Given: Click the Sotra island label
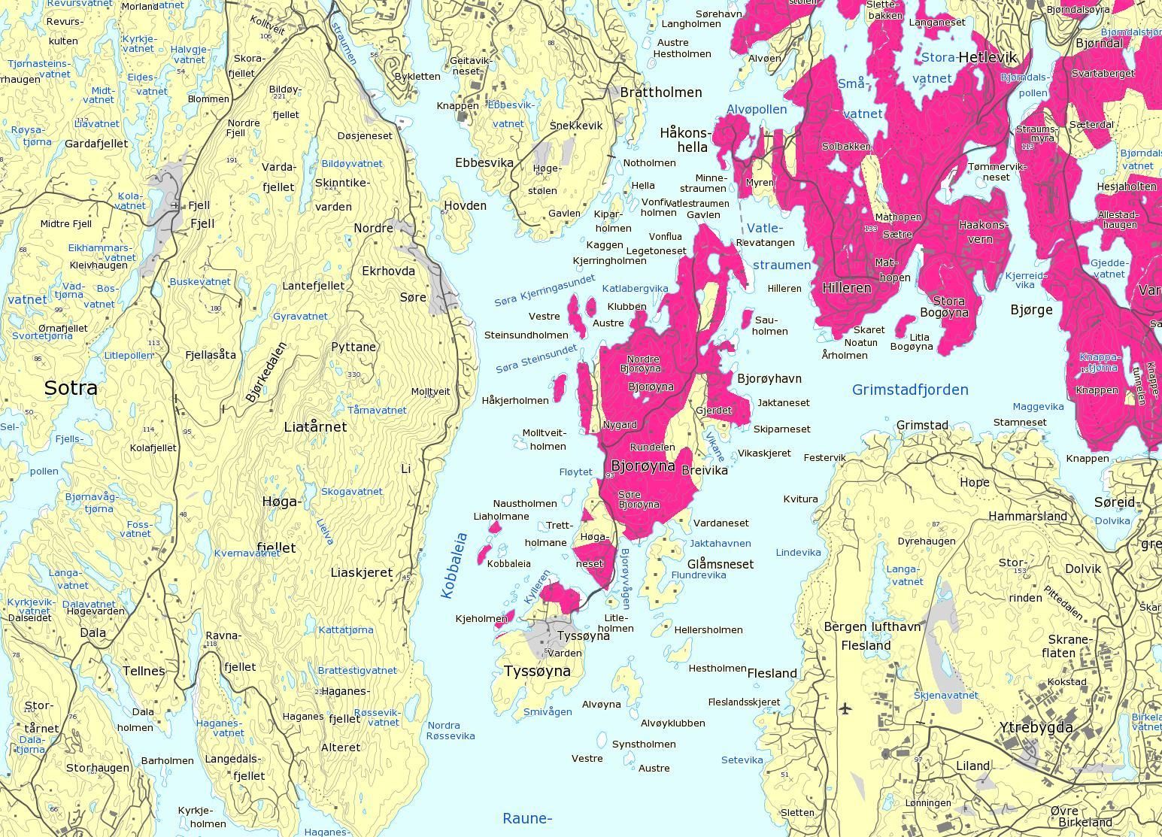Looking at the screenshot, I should (x=71, y=388).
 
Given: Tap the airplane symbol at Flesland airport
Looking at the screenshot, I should (x=845, y=708).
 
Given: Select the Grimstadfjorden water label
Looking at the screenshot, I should (x=910, y=390).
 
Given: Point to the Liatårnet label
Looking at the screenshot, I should (x=315, y=427).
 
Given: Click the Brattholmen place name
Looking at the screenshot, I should (x=660, y=92).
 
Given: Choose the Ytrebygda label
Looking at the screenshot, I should (x=1036, y=727).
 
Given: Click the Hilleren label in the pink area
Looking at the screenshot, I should (x=847, y=287).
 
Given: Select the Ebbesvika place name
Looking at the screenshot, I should (x=484, y=162).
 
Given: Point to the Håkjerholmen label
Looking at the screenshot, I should (x=515, y=401).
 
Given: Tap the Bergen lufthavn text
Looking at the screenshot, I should (x=872, y=626).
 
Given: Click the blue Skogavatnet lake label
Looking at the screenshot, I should (x=351, y=491).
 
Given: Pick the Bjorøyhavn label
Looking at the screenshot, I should (x=769, y=378).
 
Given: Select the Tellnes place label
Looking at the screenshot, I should (x=144, y=671).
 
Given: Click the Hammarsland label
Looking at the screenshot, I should (x=1027, y=516).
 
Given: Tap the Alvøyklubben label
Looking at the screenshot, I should (x=672, y=723).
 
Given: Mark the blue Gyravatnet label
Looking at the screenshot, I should (x=300, y=317).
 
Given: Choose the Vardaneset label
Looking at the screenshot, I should (x=721, y=523).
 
